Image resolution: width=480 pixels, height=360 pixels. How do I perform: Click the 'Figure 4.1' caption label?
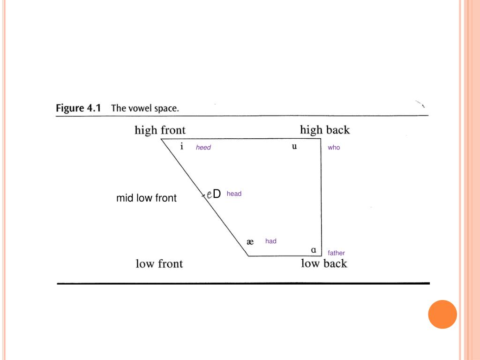[78, 108]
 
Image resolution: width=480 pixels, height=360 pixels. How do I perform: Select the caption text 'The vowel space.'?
[145, 108]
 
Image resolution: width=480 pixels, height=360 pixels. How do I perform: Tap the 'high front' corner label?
[160, 130]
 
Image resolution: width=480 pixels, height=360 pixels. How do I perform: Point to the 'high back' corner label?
[325, 130]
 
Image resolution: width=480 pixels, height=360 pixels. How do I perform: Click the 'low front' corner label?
[159, 264]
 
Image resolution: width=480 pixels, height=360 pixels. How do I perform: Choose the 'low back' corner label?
[324, 263]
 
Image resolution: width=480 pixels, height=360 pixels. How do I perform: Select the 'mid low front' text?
[146, 198]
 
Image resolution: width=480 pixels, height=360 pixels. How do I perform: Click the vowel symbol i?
[182, 146]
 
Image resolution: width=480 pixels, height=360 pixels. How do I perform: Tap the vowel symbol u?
[294, 146]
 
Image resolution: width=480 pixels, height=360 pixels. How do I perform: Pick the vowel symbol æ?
[250, 242]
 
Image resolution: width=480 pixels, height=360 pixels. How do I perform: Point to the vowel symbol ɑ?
[314, 249]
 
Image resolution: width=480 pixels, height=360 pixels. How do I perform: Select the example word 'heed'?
[203, 148]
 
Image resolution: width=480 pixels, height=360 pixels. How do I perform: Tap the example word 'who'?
[334, 148]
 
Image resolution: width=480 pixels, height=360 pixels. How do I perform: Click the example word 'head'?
[234, 194]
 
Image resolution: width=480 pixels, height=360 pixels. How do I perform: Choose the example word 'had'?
[271, 241]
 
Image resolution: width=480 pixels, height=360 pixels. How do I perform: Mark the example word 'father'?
[337, 253]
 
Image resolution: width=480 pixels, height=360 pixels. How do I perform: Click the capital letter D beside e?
[217, 194]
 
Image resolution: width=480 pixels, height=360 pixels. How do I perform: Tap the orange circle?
[442, 314]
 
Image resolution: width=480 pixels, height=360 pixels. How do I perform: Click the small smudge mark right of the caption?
[420, 104]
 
